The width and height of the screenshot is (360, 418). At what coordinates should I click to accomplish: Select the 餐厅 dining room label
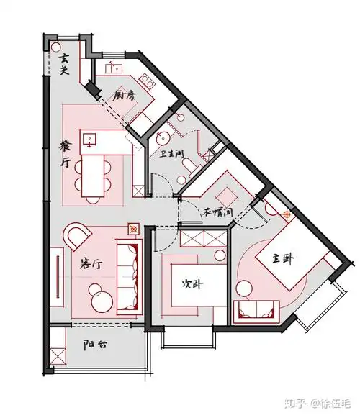(66, 153)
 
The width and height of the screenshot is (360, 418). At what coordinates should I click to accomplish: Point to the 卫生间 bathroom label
(168, 154)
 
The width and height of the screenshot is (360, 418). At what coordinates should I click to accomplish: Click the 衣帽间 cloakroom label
(217, 213)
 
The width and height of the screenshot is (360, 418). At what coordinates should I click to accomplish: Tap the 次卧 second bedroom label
(192, 283)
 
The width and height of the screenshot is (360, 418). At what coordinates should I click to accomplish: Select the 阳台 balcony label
(95, 345)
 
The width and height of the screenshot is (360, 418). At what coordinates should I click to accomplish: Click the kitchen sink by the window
(112, 69)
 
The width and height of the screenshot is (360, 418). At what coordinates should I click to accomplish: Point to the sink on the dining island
(90, 139)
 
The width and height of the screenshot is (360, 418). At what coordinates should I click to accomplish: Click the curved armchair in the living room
(78, 236)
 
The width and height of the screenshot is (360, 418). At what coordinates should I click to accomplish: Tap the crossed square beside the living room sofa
(132, 229)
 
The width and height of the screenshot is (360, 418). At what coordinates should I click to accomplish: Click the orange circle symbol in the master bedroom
(289, 214)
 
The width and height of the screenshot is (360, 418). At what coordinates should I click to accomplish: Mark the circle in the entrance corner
(55, 45)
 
